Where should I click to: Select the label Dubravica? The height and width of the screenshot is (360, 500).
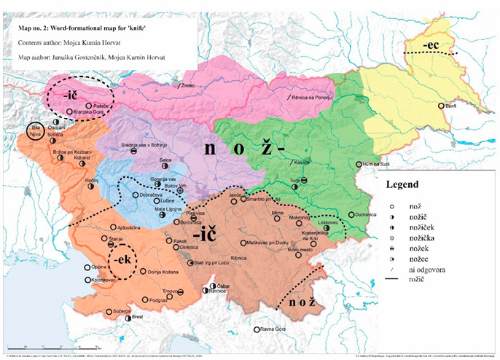[370, 214]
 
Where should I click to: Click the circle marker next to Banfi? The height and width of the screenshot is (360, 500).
[440, 106]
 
